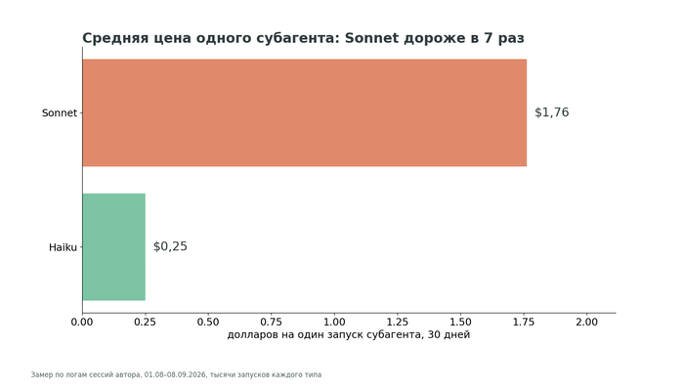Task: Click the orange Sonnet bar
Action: (305, 112)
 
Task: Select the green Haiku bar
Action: (114, 247)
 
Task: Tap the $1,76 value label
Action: (552, 112)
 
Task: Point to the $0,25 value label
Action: (170, 246)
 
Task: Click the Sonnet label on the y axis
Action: (60, 113)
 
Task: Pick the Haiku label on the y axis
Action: (63, 247)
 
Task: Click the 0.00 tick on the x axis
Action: (82, 322)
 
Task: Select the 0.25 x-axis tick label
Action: (146, 322)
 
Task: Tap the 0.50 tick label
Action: (208, 322)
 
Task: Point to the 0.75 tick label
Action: (272, 322)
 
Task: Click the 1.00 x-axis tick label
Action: (334, 322)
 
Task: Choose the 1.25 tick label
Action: (398, 322)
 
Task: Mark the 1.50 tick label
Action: (460, 322)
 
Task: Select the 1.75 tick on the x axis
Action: (524, 322)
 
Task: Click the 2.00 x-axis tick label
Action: (586, 322)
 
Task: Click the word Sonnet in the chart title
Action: (371, 38)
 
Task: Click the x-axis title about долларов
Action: (349, 334)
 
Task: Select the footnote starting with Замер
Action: (176, 374)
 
